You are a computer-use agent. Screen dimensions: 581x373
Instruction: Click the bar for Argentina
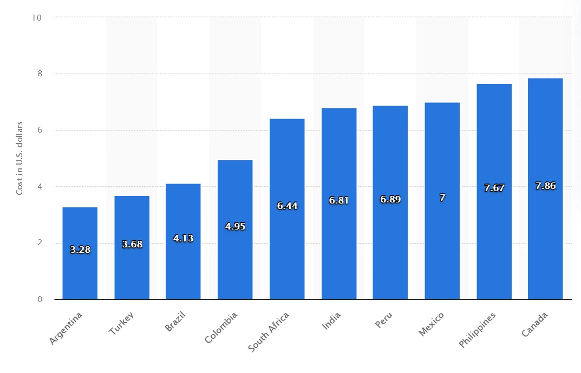point(80,253)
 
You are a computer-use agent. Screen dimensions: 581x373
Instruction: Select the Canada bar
point(545,189)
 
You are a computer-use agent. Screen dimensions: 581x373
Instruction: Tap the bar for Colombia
point(235,230)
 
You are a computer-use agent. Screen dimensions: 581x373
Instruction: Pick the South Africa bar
point(287,209)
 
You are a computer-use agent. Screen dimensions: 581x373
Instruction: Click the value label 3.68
point(132,245)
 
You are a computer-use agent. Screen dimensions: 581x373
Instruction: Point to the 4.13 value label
point(184,238)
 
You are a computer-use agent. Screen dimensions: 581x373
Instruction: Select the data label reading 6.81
point(339,200)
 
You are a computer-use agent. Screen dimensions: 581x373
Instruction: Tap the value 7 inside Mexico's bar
point(442,198)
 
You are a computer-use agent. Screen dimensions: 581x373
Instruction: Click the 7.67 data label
point(494,188)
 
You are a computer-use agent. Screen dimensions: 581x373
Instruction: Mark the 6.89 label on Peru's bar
point(390,199)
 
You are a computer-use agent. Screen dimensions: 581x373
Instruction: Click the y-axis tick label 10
point(37,18)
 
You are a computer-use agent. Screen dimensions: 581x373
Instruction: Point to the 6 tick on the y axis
point(40,130)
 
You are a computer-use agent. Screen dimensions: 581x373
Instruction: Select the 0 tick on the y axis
point(40,299)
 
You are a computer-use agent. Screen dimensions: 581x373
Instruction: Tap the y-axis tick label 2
point(40,243)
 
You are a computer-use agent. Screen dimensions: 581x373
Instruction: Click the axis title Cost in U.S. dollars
point(19,158)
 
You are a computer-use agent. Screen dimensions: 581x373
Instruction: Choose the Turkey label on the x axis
point(121,323)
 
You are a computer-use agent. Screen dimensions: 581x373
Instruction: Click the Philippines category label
point(477,330)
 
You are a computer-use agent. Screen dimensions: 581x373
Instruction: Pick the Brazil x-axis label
point(175,322)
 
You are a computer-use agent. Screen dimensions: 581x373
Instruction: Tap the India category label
point(331,321)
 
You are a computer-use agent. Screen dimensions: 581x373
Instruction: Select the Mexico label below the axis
point(431,324)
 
